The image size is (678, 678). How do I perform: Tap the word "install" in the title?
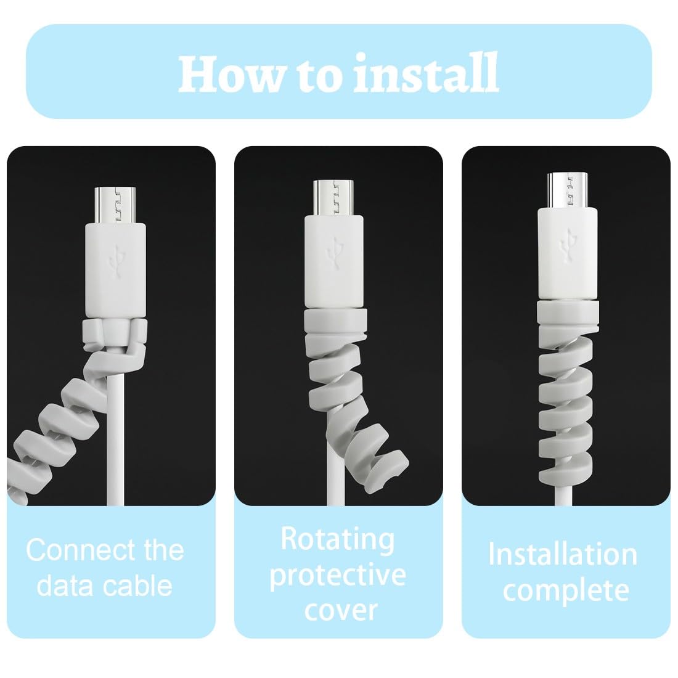pos(426,73)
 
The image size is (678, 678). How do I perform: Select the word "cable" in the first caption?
pos(138,586)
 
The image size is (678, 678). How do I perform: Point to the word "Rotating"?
pos(338,540)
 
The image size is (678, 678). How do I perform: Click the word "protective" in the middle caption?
pos(338,576)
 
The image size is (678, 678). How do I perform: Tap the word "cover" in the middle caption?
pos(341,610)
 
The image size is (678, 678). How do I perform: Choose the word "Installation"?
pos(563,554)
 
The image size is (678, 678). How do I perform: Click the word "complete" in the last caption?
pos(566,590)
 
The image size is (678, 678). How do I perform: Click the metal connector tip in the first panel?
pos(115,205)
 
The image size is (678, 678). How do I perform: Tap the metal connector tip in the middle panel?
pos(333,197)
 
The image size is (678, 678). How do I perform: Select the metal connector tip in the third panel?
pos(567,190)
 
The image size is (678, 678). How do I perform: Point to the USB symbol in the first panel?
pos(116,261)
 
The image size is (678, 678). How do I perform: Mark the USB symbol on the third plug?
pos(568,247)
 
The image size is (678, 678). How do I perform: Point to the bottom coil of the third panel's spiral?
pos(566,473)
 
